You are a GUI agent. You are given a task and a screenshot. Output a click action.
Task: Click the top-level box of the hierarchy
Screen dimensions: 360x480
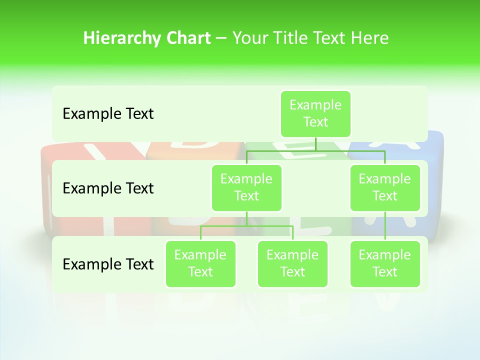[x=315, y=113]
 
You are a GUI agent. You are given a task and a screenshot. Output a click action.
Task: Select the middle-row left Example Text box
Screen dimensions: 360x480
[x=246, y=187]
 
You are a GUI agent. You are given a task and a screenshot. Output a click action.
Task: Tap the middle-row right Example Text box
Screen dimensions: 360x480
[x=385, y=187]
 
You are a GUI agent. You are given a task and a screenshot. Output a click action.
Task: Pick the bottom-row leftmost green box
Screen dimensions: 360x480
[x=200, y=263]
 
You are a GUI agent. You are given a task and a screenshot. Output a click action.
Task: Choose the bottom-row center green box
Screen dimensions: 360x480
[x=292, y=263]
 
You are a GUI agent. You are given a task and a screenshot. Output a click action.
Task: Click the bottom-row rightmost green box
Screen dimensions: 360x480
[x=385, y=263]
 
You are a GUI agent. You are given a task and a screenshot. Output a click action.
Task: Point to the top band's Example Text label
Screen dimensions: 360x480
[x=108, y=114]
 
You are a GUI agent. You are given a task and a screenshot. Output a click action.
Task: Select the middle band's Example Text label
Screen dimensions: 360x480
[x=108, y=188]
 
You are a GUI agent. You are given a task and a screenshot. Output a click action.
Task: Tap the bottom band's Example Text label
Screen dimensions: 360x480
[x=108, y=264]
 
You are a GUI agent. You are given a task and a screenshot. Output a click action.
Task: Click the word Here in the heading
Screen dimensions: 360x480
[x=370, y=38]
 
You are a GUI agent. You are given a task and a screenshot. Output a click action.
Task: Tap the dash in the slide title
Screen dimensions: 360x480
[x=221, y=38]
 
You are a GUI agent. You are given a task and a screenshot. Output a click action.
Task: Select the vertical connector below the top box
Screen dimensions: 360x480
[x=315, y=144]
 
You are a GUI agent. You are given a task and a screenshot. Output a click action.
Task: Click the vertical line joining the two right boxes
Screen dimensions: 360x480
[x=385, y=225]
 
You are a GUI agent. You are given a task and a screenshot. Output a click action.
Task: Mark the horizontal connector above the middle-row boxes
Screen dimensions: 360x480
[x=315, y=150]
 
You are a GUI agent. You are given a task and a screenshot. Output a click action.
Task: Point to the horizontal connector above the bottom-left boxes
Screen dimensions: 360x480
[x=246, y=226]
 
